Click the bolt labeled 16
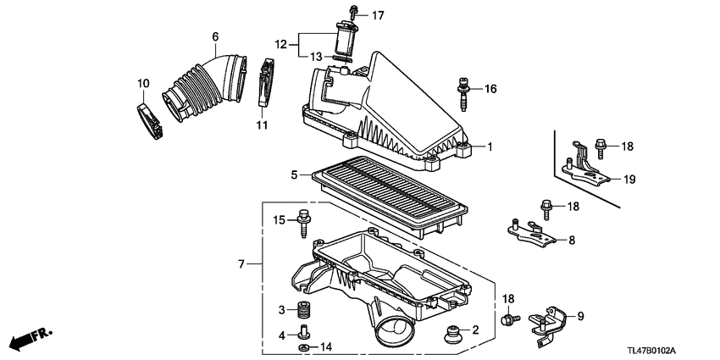click(x=465, y=95)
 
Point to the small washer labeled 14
click(x=303, y=347)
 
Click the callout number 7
click(x=243, y=265)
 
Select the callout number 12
click(x=280, y=43)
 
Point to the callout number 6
click(x=215, y=36)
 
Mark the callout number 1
click(x=489, y=147)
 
